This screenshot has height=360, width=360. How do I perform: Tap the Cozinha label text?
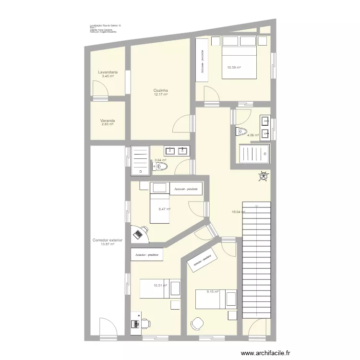pos(160,91)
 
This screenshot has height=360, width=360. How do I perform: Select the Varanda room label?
pos(108,120)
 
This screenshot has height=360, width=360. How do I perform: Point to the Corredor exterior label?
pos(108,240)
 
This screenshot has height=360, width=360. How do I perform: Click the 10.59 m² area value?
pos(234,68)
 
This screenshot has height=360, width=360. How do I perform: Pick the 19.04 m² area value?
pos(238,212)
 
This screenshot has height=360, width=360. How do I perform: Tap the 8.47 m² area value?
pos(165,209)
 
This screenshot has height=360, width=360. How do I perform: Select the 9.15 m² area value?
pos(212,291)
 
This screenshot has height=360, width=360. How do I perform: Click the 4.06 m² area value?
pos(252,135)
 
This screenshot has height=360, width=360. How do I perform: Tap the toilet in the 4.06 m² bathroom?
pos(241,131)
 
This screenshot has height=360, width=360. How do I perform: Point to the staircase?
pos(256,259)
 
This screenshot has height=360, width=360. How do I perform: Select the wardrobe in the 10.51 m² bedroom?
pos(147,254)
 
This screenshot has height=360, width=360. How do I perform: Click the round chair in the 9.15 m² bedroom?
pos(196,324)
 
